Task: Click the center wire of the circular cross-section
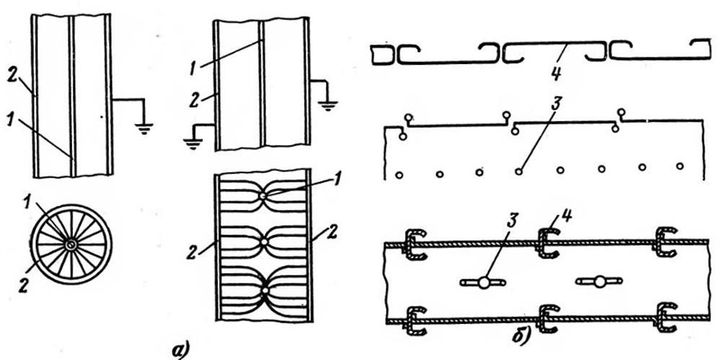[70, 245]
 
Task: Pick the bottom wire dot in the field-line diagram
[265, 290]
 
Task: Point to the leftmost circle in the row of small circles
[399, 174]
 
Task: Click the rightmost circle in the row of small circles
[680, 166]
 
